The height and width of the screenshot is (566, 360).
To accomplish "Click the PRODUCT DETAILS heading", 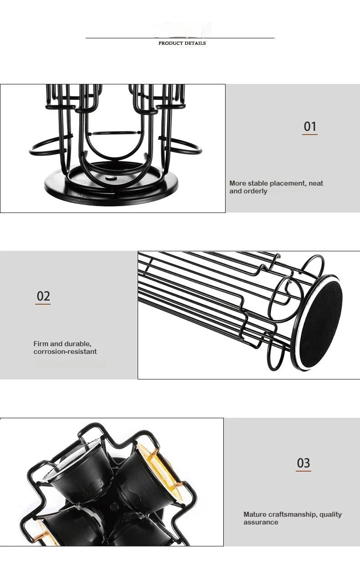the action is (182, 43).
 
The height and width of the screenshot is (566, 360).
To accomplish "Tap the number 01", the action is (310, 126).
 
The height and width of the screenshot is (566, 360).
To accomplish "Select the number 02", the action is (43, 296).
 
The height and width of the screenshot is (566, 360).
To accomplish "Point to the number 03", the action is (303, 463).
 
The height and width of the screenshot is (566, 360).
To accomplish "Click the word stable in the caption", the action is (258, 183).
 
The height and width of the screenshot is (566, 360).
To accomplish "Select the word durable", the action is (77, 343).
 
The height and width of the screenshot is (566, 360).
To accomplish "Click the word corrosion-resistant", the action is (65, 352).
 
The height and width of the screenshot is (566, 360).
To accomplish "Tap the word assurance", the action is (261, 522).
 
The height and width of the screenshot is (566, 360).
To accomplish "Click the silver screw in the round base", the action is (110, 178).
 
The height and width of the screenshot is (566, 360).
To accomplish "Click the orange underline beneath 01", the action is (310, 135).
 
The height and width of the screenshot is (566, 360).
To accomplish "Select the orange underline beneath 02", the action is (43, 304).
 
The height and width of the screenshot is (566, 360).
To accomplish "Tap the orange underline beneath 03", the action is (303, 471).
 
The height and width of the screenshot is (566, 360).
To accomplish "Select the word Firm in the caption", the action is (41, 343).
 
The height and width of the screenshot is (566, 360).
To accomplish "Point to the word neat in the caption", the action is (316, 183).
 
